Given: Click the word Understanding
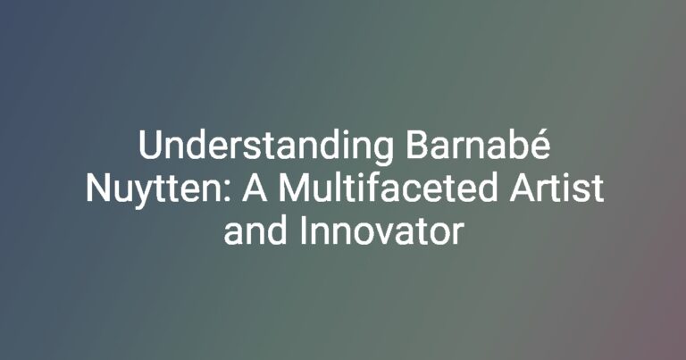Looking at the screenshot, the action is [265, 147].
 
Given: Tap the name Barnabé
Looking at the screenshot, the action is [477, 144].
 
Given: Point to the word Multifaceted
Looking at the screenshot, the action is [388, 187].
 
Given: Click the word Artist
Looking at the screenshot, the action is [556, 188].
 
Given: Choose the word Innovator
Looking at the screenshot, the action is [381, 230].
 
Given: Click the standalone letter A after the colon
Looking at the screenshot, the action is [255, 188].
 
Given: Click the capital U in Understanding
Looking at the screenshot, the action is [150, 145].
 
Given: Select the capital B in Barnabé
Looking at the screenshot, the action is [417, 145].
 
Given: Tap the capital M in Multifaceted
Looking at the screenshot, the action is [295, 188].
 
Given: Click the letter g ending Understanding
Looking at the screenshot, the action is [383, 152].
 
